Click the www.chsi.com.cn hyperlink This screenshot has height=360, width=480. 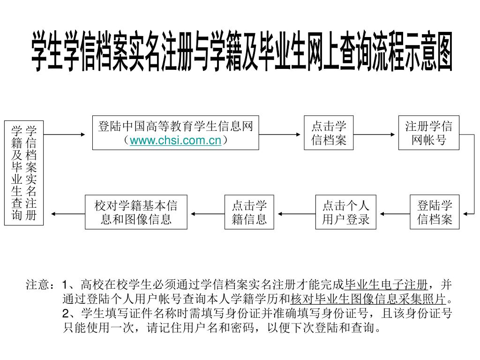[x=175, y=140]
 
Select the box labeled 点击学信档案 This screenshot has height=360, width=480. [x=329, y=133]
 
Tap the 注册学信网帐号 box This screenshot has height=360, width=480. [x=428, y=133]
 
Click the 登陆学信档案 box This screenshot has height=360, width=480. [x=435, y=212]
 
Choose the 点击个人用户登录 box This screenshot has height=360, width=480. [x=346, y=212]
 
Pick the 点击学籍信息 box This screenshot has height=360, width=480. [x=249, y=212]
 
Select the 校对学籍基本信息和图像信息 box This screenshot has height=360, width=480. [x=136, y=212]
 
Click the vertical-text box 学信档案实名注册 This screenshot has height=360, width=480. [x=24, y=172]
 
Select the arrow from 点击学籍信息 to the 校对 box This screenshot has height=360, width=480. [x=206, y=214]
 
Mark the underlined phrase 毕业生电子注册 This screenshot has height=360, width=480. [x=385, y=285]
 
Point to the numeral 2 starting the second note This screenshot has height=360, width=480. [x=66, y=313]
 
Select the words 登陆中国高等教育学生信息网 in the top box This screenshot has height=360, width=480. [x=175, y=126]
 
